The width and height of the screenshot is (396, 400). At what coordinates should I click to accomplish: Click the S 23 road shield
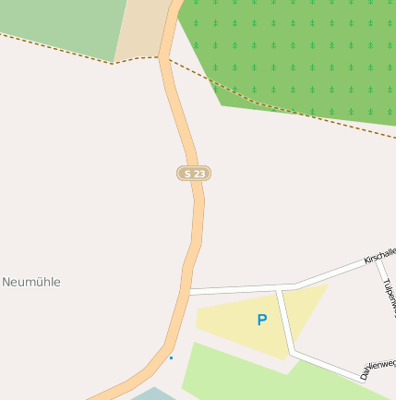(x=194, y=173)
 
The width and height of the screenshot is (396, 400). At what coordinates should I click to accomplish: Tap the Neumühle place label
(x=31, y=282)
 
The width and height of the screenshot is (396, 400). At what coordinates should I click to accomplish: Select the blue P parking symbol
(x=261, y=321)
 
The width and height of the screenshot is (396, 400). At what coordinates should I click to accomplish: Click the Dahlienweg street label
(x=378, y=370)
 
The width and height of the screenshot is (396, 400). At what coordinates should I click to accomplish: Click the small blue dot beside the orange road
(x=171, y=358)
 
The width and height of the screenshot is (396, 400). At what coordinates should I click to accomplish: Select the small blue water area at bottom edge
(x=148, y=394)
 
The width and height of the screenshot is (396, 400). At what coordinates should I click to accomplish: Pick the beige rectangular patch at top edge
(x=143, y=28)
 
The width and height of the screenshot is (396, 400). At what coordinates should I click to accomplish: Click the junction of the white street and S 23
(x=187, y=291)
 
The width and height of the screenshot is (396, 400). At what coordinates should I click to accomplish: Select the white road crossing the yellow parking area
(x=285, y=320)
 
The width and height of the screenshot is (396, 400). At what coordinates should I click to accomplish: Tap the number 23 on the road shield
(x=199, y=173)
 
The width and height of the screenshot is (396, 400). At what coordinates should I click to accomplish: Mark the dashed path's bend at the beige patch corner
(x=114, y=63)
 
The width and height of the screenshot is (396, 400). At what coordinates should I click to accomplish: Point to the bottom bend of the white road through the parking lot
(x=293, y=352)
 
